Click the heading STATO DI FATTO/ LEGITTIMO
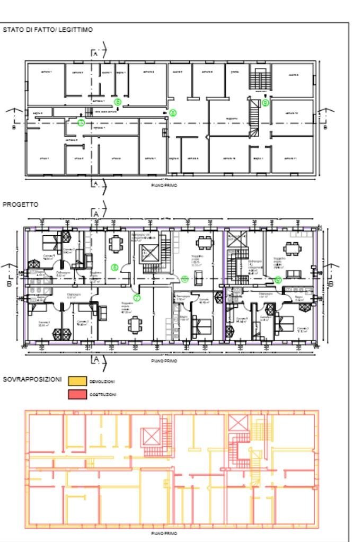[48, 30]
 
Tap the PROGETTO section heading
[21, 204]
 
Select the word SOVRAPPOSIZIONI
[32, 379]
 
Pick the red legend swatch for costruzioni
[77, 394]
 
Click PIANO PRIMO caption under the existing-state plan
[164, 185]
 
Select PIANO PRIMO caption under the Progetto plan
[164, 361]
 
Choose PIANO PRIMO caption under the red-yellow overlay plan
[164, 533]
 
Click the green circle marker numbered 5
[118, 101]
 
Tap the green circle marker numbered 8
[173, 113]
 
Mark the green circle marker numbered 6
[114, 267]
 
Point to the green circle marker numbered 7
[137, 298]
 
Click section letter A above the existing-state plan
[95, 54]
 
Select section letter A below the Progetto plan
[95, 360]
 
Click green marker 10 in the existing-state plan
[81, 123]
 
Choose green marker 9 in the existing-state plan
[266, 102]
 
